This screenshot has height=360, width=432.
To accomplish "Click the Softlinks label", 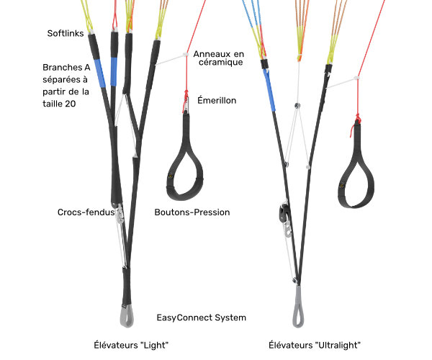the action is [x=66, y=33].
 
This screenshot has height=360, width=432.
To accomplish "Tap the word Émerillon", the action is [x=217, y=100].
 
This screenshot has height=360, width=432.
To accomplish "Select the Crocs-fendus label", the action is [x=86, y=212].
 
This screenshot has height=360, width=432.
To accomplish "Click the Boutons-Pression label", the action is [x=192, y=212].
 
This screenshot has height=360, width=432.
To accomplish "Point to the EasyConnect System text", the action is [x=201, y=318].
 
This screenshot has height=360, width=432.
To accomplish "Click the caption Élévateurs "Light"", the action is [x=131, y=345].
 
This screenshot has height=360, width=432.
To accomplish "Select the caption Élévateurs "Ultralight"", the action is [x=315, y=345].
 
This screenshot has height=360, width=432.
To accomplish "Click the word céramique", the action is [x=221, y=62].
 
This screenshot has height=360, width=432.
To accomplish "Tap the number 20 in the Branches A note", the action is [x=71, y=104].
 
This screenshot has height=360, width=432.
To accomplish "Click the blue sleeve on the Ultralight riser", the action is [x=269, y=90].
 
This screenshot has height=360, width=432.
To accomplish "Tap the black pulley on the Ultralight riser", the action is [x=284, y=212].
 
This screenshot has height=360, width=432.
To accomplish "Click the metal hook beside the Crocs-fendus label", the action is [x=120, y=215].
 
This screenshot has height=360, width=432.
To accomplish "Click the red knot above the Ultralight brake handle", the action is [x=357, y=119].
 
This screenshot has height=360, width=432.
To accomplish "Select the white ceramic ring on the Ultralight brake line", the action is [x=357, y=78].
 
